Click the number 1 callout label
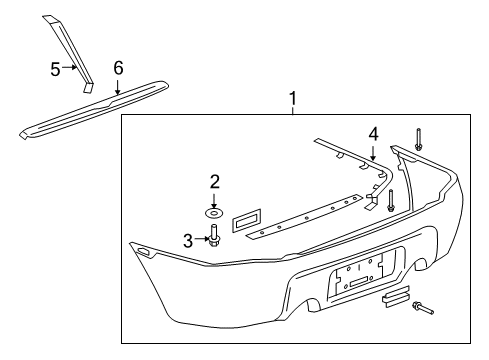(x=293, y=99)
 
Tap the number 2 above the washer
(x=214, y=181)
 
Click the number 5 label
(x=56, y=68)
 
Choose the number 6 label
(x=118, y=67)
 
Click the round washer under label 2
(x=214, y=213)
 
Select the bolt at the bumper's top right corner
(x=418, y=140)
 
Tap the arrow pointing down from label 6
(x=118, y=86)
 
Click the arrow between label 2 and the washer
(x=214, y=198)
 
